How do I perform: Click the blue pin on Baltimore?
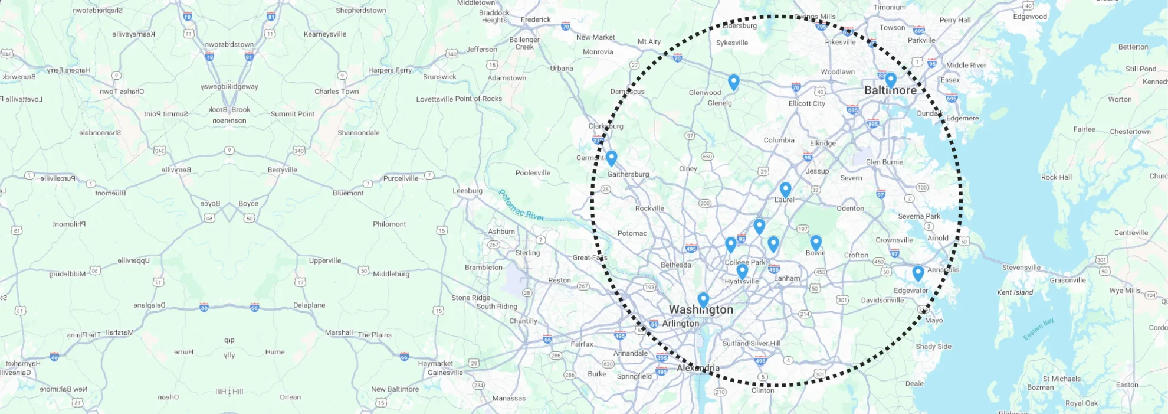pyautogui.click(x=891, y=80)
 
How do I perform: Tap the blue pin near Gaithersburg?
pyautogui.click(x=611, y=158)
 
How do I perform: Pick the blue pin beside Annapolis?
pyautogui.click(x=918, y=273)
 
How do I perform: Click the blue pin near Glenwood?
pyautogui.click(x=734, y=82)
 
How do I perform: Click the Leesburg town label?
pyautogui.click(x=467, y=191)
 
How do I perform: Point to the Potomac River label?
pyautogui.click(x=521, y=206)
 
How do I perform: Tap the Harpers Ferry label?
pyautogui.click(x=390, y=70)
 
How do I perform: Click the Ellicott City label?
pyautogui.click(x=806, y=103)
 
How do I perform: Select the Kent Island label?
pyautogui.click(x=1015, y=292)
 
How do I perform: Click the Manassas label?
pyautogui.click(x=508, y=398)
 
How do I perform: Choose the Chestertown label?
pyautogui.click(x=1130, y=131)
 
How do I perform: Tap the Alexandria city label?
pyautogui.click(x=698, y=367)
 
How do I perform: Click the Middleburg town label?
pyautogui.click(x=391, y=273)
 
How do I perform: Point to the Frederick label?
pyautogui.click(x=536, y=19)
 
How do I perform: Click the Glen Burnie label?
pyautogui.click(x=884, y=162)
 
